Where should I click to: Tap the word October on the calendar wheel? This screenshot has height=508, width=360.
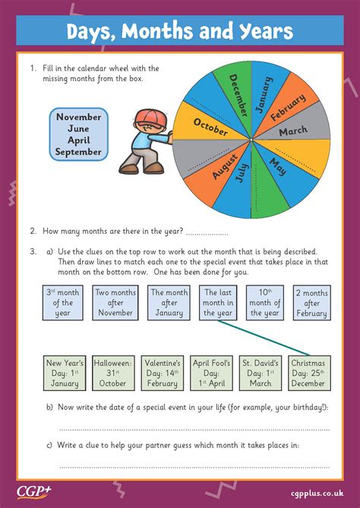(210, 126)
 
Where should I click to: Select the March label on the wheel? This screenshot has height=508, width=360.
(292, 131)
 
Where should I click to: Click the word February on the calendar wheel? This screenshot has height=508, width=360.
(287, 106)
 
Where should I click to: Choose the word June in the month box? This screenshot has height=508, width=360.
(78, 129)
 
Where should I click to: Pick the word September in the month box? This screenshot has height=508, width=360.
(78, 152)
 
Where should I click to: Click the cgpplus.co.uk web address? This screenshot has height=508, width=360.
(318, 491)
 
